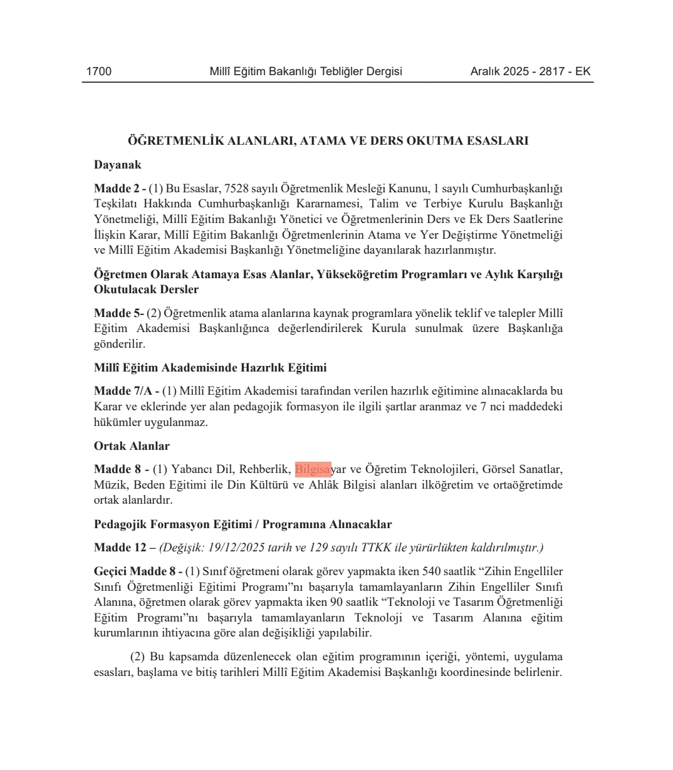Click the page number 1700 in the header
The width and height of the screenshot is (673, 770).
tap(99, 71)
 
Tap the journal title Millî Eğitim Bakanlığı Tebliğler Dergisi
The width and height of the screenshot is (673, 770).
tap(305, 71)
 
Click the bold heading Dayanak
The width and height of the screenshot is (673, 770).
tap(118, 165)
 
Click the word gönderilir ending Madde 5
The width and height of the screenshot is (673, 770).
tap(119, 344)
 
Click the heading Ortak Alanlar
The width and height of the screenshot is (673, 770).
tap(132, 446)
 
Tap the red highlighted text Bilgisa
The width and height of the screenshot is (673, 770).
tap(313, 469)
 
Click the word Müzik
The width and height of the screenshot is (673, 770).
tap(109, 485)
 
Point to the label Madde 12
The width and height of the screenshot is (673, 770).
tap(120, 548)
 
